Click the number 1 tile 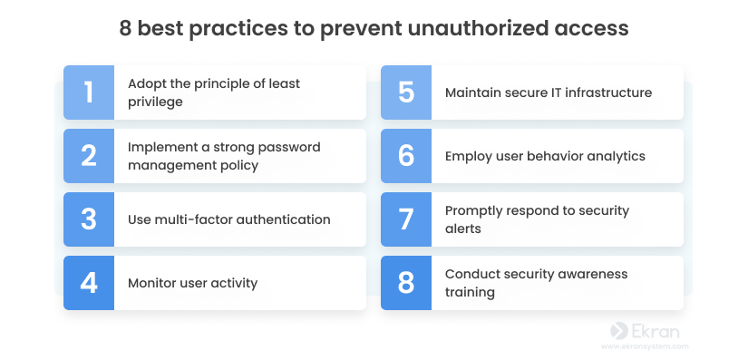tap(89, 92)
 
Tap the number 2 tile tap(89, 156)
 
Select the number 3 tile tap(89, 219)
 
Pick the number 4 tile tap(89, 283)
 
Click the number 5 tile tap(406, 92)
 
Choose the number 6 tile tap(406, 156)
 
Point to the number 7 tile tap(406, 219)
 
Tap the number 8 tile tap(406, 283)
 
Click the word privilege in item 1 tap(155, 102)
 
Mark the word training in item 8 tap(470, 292)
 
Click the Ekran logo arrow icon tap(619, 330)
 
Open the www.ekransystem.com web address tap(645, 346)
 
